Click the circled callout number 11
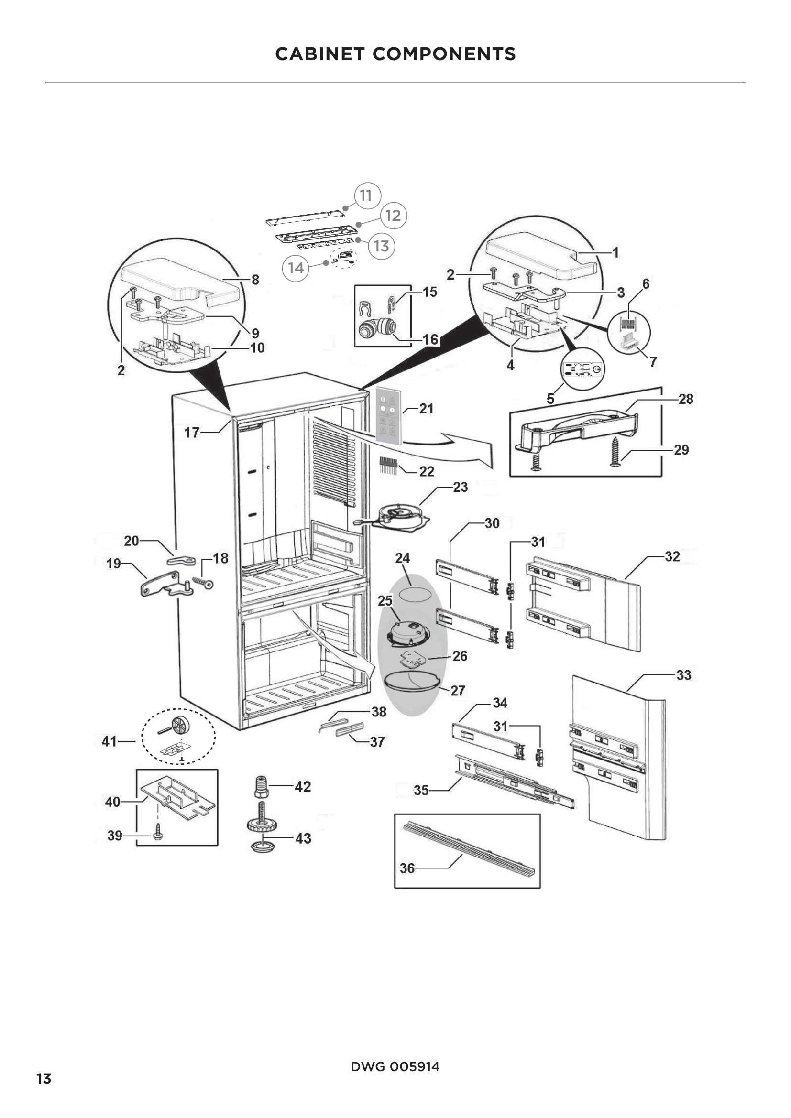pos(366,196)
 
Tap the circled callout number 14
pos(296,268)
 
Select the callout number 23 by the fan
pos(460,487)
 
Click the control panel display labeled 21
pos(388,417)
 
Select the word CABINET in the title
pos(319,54)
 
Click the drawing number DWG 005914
pos(395,1066)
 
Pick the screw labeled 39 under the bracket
pos(158,835)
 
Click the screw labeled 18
pos(204,582)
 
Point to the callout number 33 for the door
pos(683,675)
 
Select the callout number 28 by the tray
pos(686,399)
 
